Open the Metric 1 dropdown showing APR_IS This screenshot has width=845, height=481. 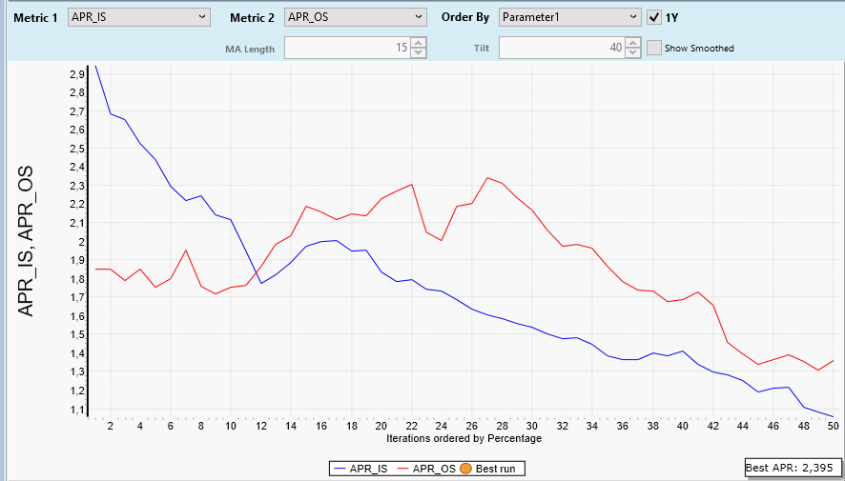pyautogui.click(x=139, y=17)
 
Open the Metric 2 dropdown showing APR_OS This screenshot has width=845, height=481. pyautogui.click(x=356, y=17)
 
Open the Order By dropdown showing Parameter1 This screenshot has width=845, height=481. pyautogui.click(x=570, y=17)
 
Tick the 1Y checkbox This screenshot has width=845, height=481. pyautogui.click(x=654, y=17)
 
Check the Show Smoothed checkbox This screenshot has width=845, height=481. pyautogui.click(x=654, y=48)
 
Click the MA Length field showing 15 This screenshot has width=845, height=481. pyautogui.click(x=347, y=48)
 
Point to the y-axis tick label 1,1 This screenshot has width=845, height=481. pyautogui.click(x=77, y=410)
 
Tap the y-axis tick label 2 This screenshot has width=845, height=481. pyautogui.click(x=81, y=242)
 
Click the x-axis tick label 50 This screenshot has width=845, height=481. pyautogui.click(x=833, y=426)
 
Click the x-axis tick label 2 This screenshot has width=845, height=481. pyautogui.click(x=111, y=426)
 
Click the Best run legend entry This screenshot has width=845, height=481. pyautogui.click(x=492, y=469)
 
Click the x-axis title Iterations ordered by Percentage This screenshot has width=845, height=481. pyautogui.click(x=464, y=438)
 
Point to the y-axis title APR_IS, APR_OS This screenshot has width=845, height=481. pyautogui.click(x=29, y=244)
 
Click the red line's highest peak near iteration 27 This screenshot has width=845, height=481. pyautogui.click(x=487, y=178)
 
